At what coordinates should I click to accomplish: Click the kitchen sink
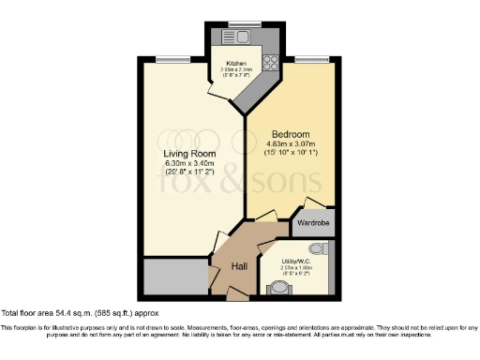(x=232, y=37)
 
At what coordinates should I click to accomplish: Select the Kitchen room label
(x=235, y=63)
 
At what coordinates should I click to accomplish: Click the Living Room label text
(x=190, y=154)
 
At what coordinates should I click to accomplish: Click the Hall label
(x=239, y=266)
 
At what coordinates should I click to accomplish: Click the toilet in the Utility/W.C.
(x=316, y=248)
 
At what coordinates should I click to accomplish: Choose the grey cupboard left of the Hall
(x=176, y=276)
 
